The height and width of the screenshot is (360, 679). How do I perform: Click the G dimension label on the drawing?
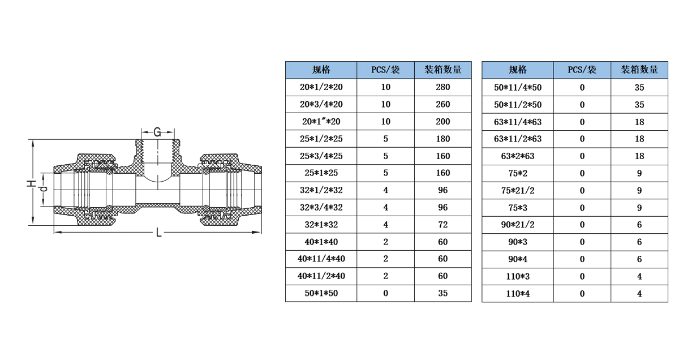click(x=157, y=132)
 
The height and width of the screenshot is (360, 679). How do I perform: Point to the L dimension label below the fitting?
click(x=158, y=233)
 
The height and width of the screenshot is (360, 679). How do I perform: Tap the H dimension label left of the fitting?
click(x=32, y=183)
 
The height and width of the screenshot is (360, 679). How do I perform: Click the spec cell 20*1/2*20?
click(x=321, y=87)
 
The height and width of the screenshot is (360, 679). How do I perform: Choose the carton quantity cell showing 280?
click(x=443, y=87)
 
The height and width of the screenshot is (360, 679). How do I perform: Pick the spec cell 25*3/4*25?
click(x=321, y=156)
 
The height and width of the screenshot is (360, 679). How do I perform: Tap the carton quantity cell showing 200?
click(x=443, y=122)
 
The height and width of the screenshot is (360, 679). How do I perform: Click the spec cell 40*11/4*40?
click(x=321, y=259)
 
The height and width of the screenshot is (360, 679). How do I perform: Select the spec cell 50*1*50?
click(x=321, y=293)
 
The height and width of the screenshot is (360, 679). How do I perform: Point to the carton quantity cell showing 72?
click(x=443, y=225)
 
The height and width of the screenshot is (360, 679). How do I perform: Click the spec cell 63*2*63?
click(x=517, y=156)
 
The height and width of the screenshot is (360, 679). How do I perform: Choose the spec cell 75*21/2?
click(x=517, y=190)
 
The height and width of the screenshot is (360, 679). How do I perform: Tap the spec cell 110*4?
click(x=517, y=293)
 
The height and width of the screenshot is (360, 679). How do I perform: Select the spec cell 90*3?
click(x=517, y=242)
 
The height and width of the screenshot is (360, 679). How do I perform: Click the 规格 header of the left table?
click(x=321, y=70)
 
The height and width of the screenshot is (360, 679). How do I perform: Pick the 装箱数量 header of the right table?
click(x=639, y=70)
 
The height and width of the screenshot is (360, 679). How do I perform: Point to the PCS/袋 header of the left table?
click(x=385, y=70)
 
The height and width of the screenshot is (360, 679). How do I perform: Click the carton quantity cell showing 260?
click(x=443, y=104)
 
